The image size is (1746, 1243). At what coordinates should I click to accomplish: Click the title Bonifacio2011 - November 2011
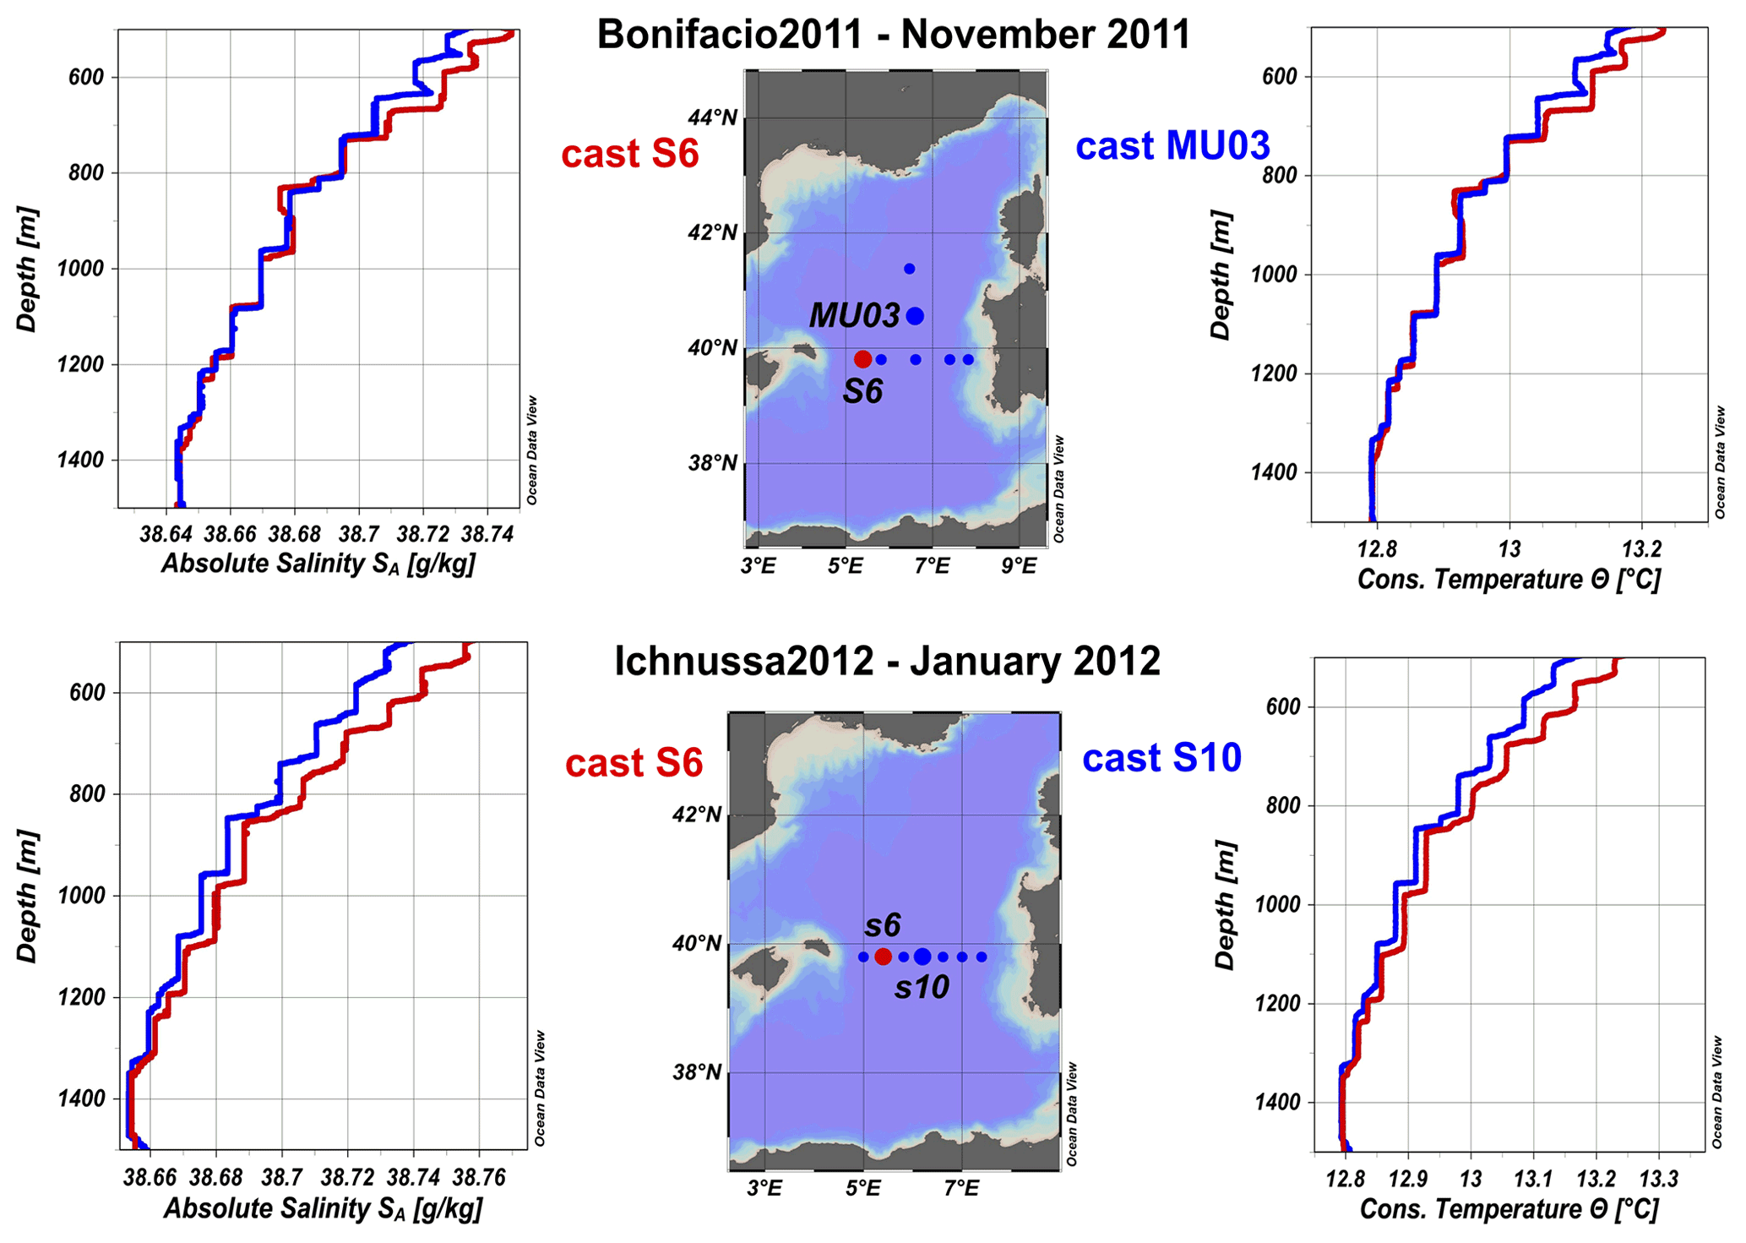point(893,35)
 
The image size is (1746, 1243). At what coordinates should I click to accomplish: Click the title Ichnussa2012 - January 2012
point(887,661)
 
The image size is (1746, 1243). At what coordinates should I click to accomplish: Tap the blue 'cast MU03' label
point(1172,146)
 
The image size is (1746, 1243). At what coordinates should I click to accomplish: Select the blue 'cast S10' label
point(1161,758)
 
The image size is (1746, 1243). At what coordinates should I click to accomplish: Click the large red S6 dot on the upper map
point(862,359)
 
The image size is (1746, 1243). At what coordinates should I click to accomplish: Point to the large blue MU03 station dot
point(915,316)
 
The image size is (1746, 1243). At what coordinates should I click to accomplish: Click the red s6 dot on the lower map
point(883,957)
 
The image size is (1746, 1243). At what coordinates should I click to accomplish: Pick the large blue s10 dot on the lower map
point(922,957)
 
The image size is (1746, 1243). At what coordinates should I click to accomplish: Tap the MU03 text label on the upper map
point(854,316)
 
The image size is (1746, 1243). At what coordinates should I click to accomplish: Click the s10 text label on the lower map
point(922,987)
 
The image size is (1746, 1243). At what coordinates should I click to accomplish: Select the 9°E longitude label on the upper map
point(1019,566)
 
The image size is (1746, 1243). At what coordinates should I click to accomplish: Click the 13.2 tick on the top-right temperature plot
point(1641,549)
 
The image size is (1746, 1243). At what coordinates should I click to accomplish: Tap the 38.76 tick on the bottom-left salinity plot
point(479,1178)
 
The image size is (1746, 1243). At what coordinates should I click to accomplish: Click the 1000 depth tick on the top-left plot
point(80,269)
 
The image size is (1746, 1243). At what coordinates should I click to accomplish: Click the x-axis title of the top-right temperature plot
point(1509,580)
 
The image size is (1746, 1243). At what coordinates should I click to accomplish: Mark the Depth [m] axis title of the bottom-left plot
point(28,896)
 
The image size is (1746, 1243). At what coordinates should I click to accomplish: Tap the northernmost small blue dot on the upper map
point(910,269)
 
